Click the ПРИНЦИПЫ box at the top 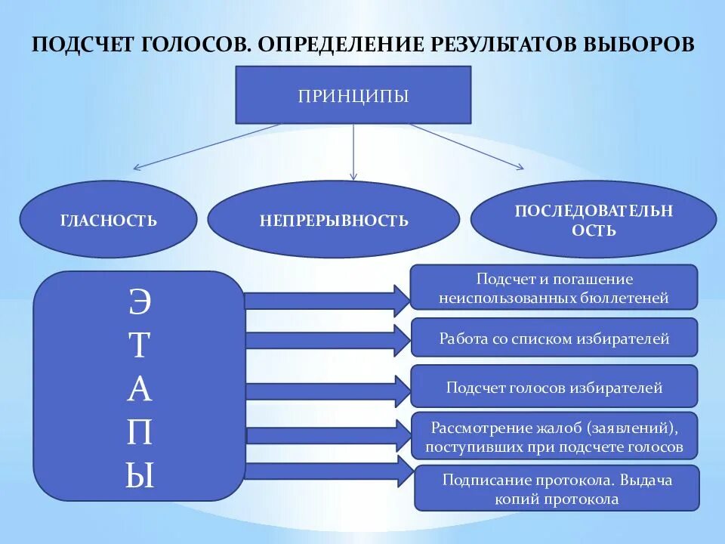[353, 95]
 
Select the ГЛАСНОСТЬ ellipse [109, 220]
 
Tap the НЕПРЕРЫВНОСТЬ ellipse [333, 220]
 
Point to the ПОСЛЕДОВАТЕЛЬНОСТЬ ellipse [593, 220]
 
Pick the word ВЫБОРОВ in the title [639, 43]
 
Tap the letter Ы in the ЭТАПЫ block [140, 476]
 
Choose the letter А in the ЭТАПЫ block [140, 390]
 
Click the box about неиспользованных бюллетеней [554, 288]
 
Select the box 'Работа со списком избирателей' [554, 338]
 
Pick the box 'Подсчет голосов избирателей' [554, 388]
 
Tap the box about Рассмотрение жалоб [554, 437]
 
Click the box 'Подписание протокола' [557, 488]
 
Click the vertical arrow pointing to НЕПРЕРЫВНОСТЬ [353, 151]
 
